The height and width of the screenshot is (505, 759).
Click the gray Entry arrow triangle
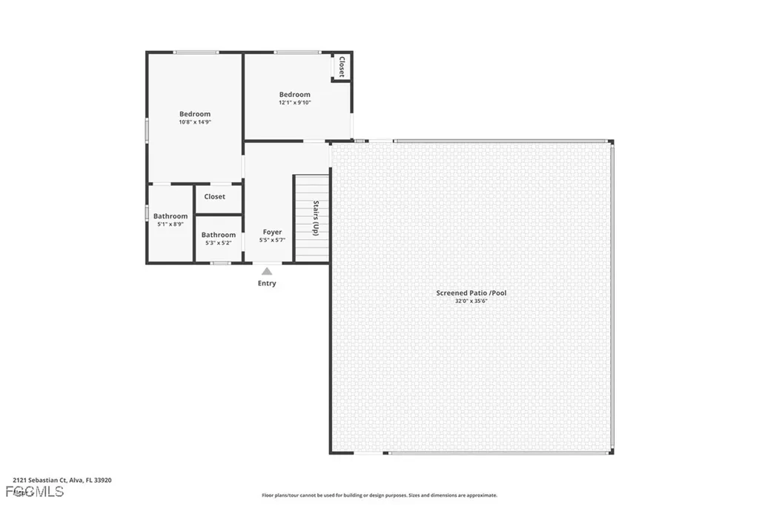tap(267, 272)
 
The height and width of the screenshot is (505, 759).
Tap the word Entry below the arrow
tap(267, 284)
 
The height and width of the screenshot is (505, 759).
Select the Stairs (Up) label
tap(316, 218)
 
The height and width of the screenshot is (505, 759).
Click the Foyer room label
tap(272, 232)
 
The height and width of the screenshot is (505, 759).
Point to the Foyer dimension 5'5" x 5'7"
tap(272, 240)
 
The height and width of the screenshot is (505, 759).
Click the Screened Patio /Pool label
tap(471, 293)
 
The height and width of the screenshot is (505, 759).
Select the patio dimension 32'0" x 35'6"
tap(471, 301)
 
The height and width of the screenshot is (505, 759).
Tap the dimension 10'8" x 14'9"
tap(195, 122)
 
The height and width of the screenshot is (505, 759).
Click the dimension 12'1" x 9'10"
tap(294, 103)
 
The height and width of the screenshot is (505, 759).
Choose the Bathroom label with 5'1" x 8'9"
tap(170, 216)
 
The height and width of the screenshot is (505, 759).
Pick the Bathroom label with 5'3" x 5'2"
tap(219, 235)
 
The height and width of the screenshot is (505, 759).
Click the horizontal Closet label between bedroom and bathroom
tap(215, 197)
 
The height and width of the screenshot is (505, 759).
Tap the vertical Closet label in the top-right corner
tap(342, 67)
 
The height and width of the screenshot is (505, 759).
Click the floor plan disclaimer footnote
tap(379, 495)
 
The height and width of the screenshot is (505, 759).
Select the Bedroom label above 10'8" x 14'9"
tap(195, 114)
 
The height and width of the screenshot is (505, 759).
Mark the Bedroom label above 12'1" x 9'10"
tap(294, 95)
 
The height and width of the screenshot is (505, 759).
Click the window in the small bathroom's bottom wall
tap(220, 263)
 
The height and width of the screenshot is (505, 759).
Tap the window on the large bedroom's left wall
tap(147, 130)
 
